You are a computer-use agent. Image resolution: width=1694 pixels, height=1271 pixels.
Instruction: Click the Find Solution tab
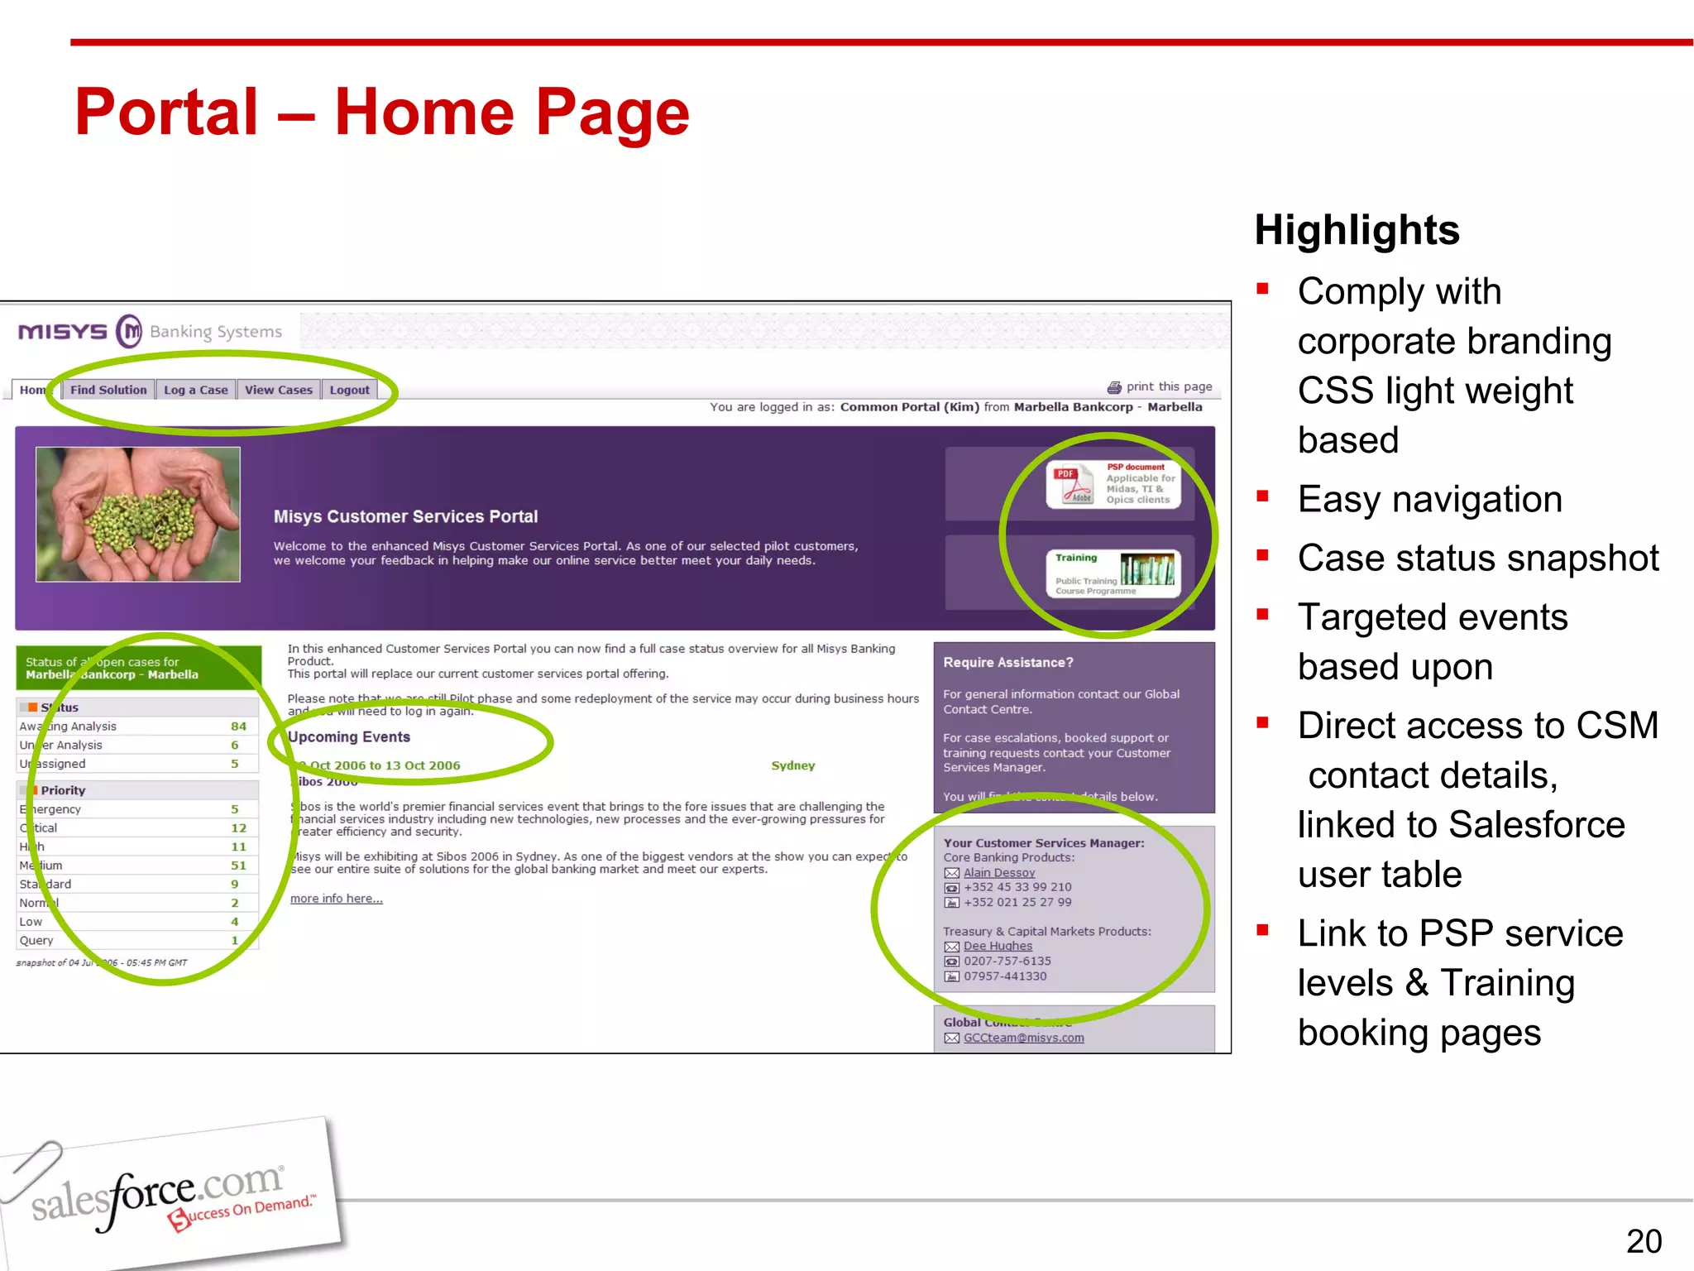click(108, 390)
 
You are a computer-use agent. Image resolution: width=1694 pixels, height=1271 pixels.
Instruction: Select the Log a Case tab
click(196, 390)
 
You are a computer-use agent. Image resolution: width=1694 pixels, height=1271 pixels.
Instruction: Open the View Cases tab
click(279, 390)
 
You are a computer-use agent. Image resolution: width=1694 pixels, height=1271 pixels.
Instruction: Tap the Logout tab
click(349, 390)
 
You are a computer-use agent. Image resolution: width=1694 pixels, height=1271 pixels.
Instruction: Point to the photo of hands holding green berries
click(138, 514)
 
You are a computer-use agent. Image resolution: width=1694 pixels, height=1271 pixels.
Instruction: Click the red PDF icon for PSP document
click(1072, 484)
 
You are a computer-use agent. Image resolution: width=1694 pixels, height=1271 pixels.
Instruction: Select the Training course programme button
click(1113, 573)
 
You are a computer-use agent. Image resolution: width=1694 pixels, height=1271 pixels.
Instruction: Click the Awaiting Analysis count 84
click(238, 727)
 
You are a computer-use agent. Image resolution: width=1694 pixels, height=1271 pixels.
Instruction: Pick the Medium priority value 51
click(238, 866)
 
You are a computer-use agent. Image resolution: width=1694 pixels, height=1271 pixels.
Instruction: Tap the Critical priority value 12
click(238, 828)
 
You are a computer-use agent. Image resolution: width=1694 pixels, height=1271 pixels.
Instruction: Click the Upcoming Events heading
click(349, 736)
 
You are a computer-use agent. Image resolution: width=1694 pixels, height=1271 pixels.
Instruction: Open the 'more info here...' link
click(337, 899)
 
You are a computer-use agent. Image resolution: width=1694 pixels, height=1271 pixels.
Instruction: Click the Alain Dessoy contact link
click(999, 872)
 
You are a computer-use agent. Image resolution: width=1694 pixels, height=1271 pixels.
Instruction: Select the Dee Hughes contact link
click(998, 946)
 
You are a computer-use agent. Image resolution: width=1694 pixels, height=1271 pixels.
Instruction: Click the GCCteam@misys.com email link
click(1023, 1038)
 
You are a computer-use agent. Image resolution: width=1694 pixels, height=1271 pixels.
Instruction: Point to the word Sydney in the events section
click(792, 765)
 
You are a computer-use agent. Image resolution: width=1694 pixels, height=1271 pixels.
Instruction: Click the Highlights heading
click(1357, 230)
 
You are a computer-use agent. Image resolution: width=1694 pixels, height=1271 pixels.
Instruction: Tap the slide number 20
click(1644, 1241)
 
